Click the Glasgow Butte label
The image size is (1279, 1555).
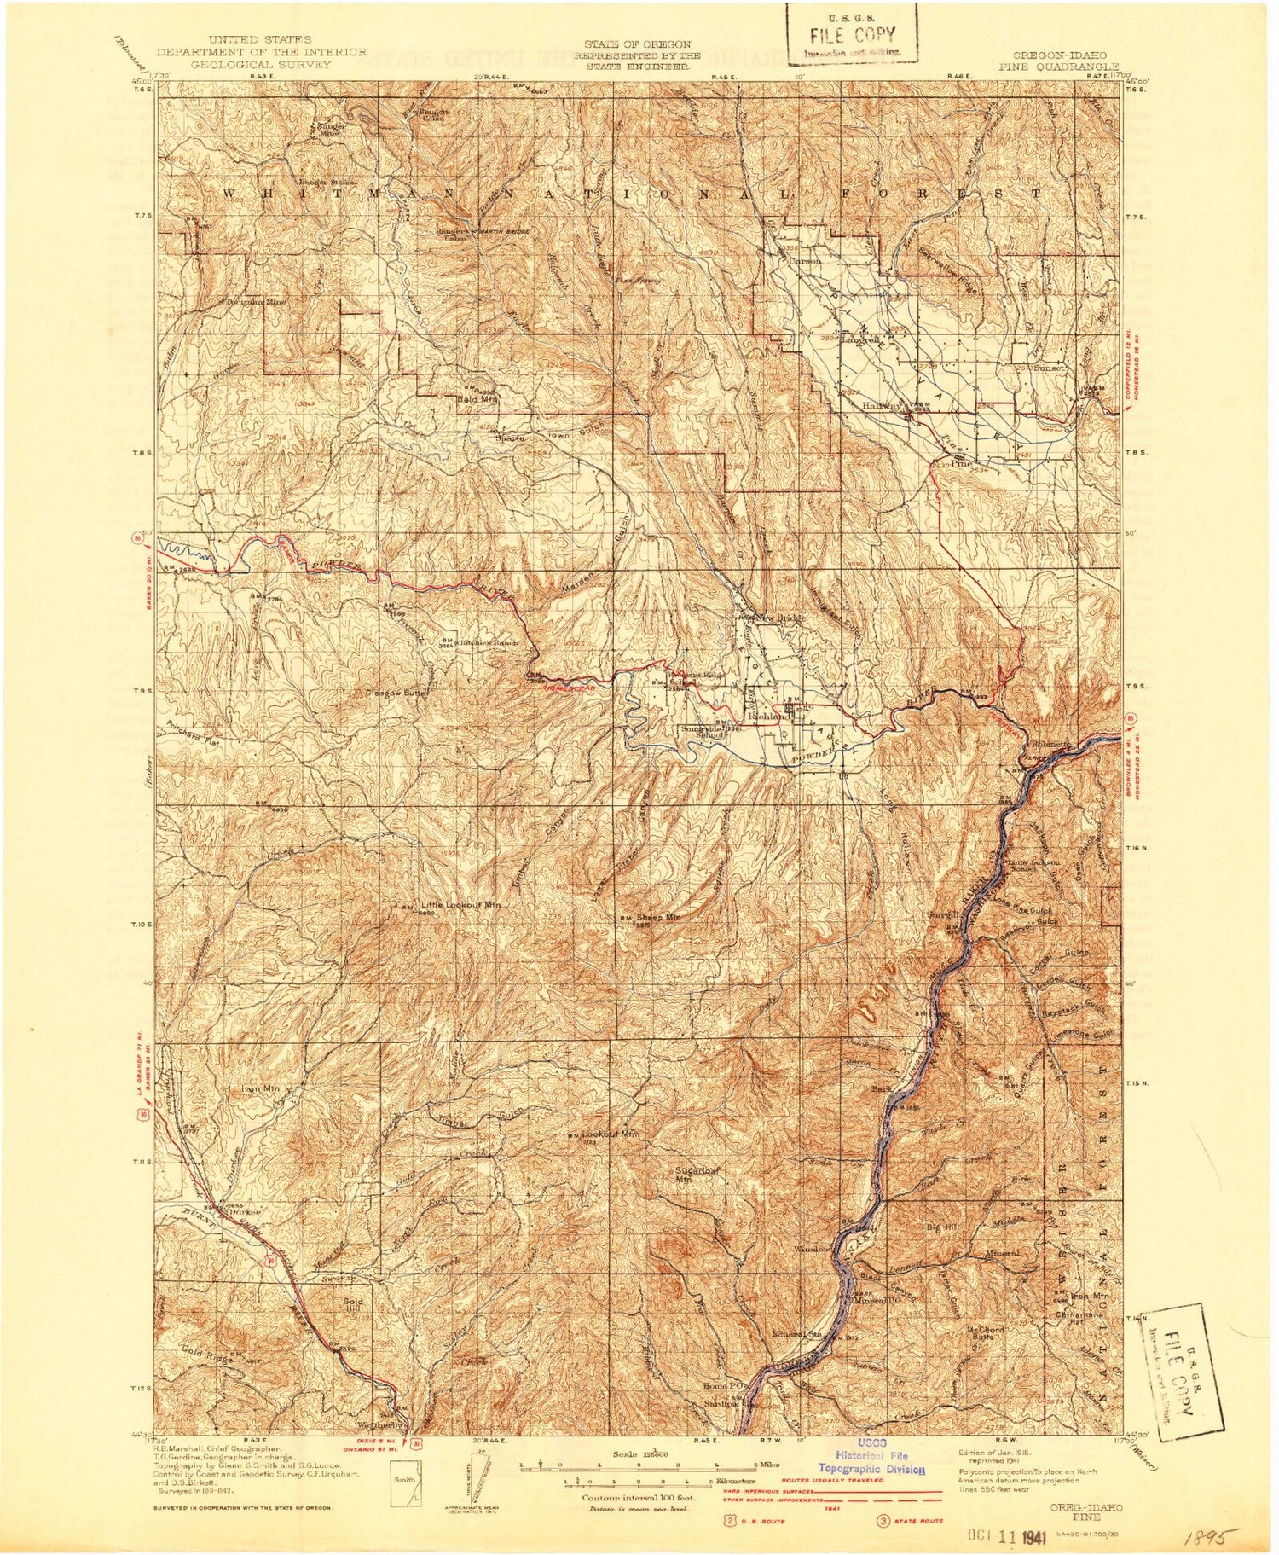point(396,693)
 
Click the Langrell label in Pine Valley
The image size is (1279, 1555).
point(859,339)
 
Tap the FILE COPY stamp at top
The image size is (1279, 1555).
point(851,36)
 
